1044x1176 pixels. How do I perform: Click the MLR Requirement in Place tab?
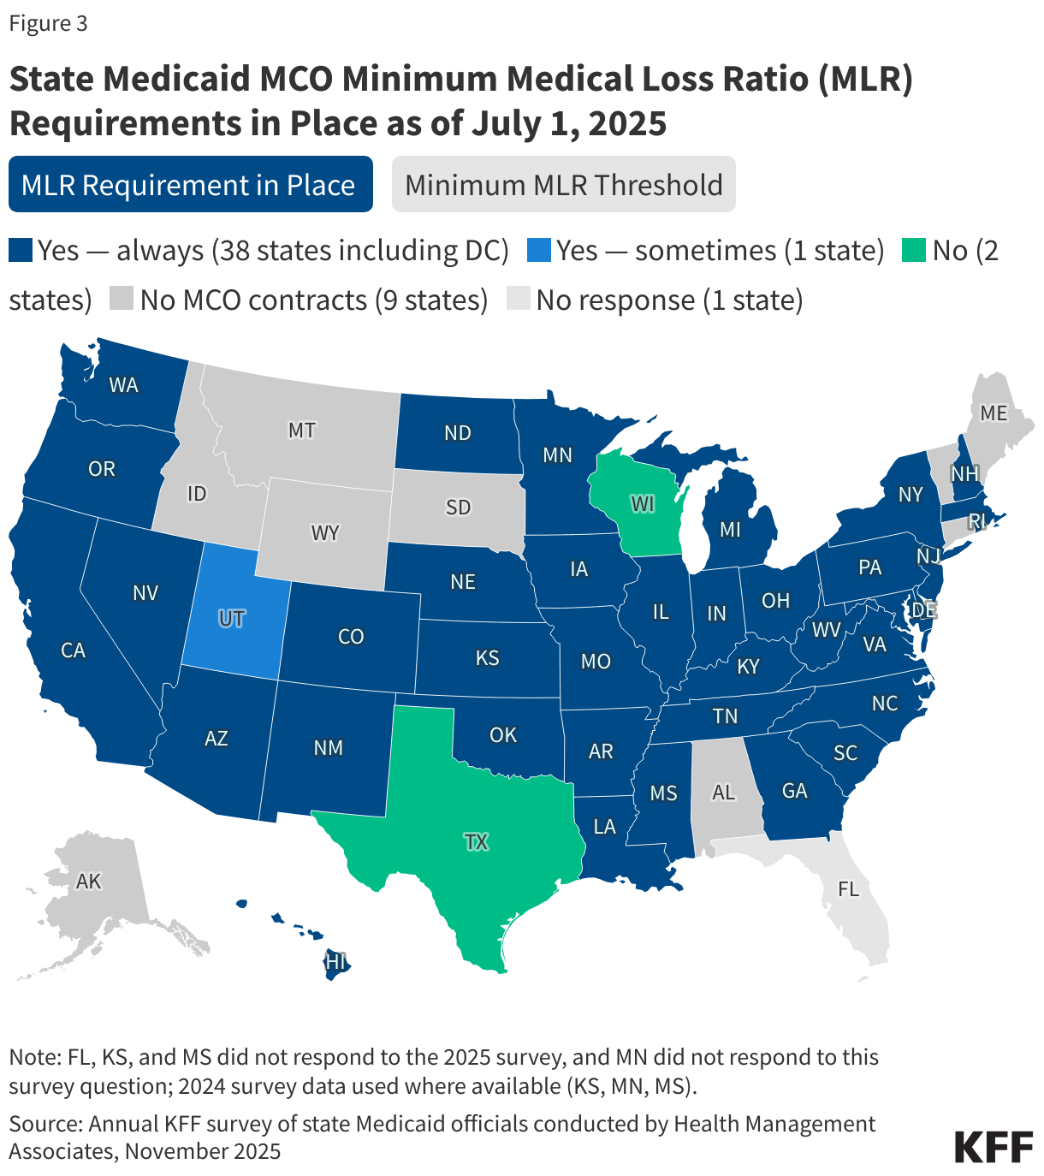point(190,184)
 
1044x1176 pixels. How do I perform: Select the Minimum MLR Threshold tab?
point(563,184)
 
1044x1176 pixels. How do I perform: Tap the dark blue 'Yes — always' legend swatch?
point(21,251)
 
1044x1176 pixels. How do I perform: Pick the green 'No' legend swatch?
point(914,251)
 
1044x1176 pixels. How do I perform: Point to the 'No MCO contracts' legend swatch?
point(122,300)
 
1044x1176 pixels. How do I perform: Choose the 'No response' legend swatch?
point(518,300)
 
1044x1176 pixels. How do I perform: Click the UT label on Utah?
point(231,618)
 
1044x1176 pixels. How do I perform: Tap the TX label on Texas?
point(477,842)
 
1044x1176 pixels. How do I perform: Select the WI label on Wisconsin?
point(643,504)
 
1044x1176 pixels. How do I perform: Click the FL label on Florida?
point(848,889)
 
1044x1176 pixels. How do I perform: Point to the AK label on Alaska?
point(89,881)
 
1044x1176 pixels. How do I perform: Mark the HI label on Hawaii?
point(335,961)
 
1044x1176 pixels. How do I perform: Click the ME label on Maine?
point(994,413)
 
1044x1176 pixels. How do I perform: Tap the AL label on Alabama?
point(724,793)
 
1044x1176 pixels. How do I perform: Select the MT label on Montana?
point(301,430)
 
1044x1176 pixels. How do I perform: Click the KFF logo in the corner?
point(994,1146)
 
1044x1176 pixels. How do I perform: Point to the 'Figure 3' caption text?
point(48,23)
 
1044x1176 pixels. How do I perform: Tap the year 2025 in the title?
point(627,123)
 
